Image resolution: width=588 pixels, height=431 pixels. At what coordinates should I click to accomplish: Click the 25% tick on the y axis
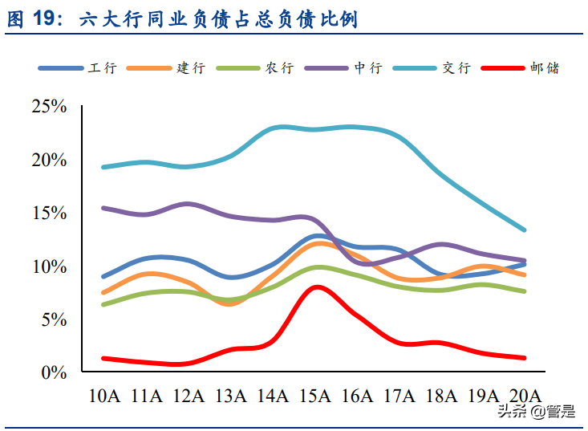(x=49, y=107)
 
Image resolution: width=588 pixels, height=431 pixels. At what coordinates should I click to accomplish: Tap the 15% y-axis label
(x=49, y=213)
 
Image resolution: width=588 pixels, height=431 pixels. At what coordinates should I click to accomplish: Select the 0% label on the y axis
(x=54, y=372)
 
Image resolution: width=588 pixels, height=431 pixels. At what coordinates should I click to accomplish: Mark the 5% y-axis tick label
(x=54, y=319)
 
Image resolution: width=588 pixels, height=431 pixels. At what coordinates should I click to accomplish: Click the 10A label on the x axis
(x=103, y=395)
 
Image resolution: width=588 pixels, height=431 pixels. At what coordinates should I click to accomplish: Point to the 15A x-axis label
(x=314, y=395)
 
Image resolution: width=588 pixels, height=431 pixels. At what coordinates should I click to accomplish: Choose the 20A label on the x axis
(x=525, y=395)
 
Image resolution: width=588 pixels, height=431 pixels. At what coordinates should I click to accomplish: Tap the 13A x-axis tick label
(x=230, y=395)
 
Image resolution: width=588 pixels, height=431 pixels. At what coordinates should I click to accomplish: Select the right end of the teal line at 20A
(x=525, y=230)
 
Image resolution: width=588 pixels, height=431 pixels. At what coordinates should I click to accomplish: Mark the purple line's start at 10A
(x=103, y=208)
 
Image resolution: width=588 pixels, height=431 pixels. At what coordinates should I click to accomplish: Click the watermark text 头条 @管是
(x=536, y=413)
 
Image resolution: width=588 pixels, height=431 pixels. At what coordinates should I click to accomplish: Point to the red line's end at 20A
(x=525, y=358)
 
